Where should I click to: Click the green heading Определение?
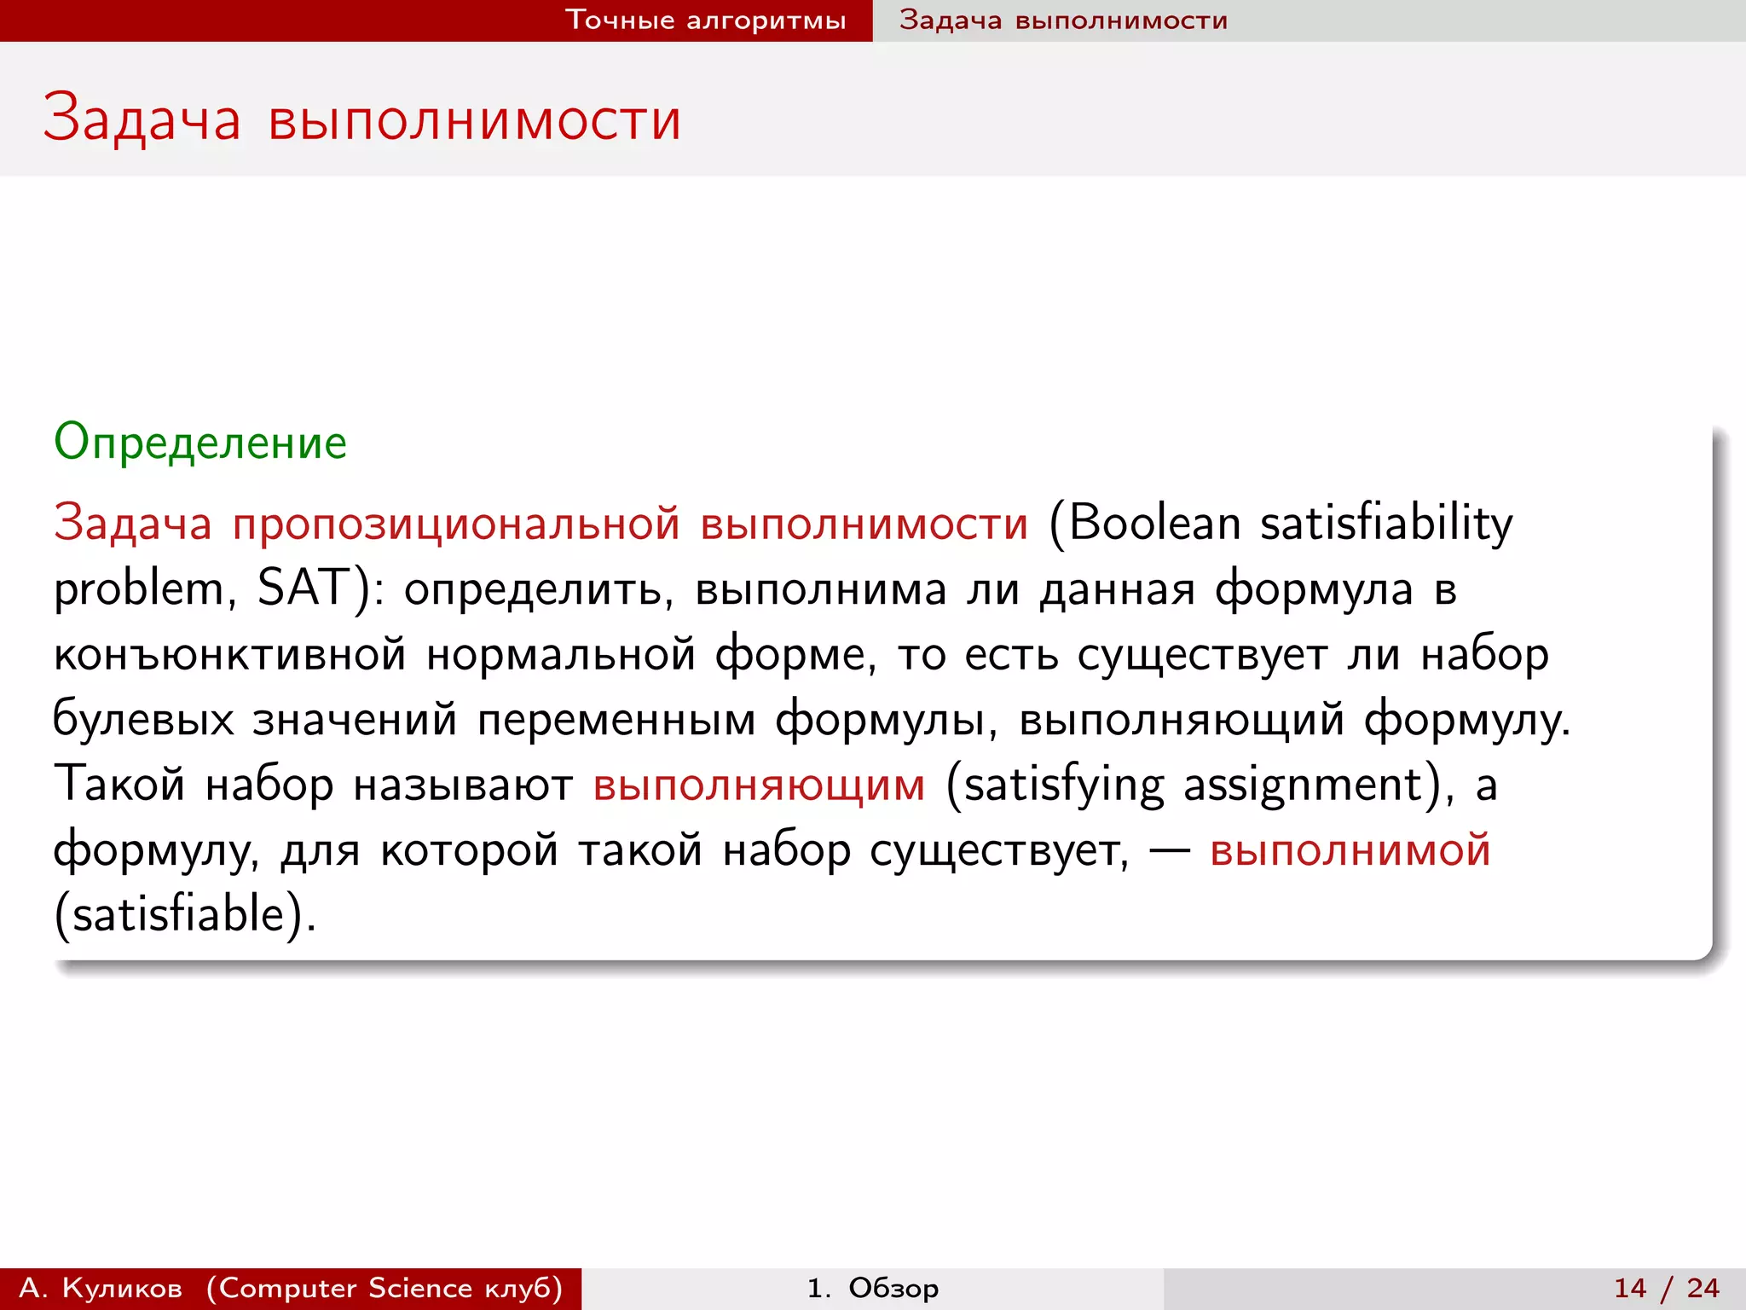click(x=200, y=443)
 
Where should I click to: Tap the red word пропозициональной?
click(x=456, y=523)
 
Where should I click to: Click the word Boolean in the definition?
click(x=1154, y=523)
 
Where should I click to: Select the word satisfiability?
click(x=1386, y=523)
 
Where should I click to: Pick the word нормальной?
click(x=561, y=655)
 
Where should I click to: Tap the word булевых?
click(x=143, y=719)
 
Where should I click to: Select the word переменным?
click(x=616, y=719)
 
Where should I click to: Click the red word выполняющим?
click(x=759, y=785)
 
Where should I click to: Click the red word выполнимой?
click(x=1350, y=849)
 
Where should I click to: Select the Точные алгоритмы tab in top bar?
click(x=706, y=20)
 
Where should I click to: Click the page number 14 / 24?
click(x=1666, y=1288)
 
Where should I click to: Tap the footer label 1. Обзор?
click(x=872, y=1288)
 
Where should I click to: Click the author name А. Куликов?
click(x=101, y=1288)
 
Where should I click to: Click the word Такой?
click(x=119, y=785)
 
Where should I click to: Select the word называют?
click(x=463, y=785)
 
